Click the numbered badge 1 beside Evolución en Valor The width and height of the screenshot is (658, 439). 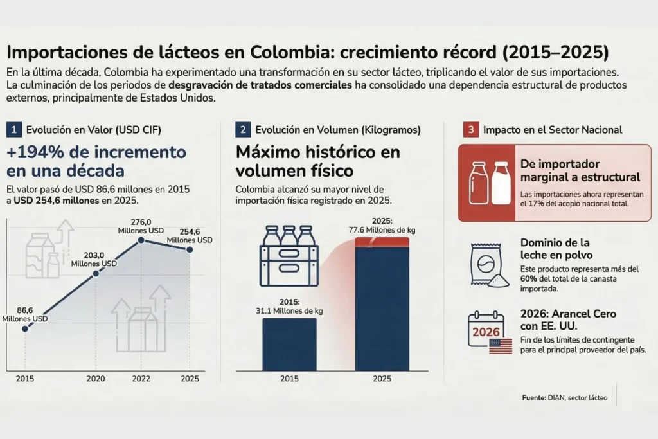13,129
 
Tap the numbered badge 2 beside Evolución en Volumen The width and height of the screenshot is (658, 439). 244,129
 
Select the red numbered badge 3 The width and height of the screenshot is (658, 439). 471,129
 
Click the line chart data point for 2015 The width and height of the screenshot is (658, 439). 25,328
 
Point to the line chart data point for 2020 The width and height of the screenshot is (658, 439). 96,273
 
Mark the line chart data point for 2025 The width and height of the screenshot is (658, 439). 189,249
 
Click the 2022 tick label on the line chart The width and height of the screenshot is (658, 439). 141,379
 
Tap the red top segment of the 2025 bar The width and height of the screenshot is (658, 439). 382,241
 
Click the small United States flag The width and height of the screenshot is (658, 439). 501,346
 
